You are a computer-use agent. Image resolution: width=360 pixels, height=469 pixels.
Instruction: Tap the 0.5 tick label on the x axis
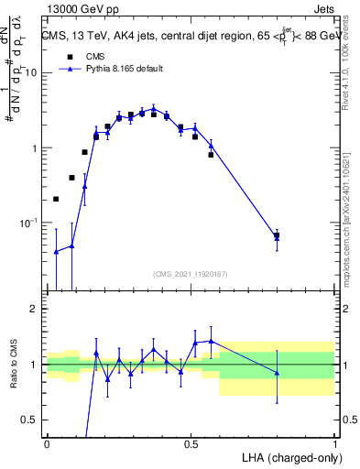coord(191,442)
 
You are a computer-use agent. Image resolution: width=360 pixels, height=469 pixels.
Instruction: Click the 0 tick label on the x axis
coord(47,442)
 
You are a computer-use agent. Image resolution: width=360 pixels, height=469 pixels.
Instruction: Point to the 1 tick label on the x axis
coord(334,442)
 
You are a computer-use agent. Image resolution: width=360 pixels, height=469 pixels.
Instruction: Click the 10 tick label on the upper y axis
coord(33,72)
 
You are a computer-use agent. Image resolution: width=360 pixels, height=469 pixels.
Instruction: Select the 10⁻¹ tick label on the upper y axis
coord(30,223)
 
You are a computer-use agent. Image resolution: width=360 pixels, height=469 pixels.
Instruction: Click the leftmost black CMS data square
coord(56,199)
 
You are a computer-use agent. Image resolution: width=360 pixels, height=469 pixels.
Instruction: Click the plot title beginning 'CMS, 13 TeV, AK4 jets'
coord(191,37)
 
